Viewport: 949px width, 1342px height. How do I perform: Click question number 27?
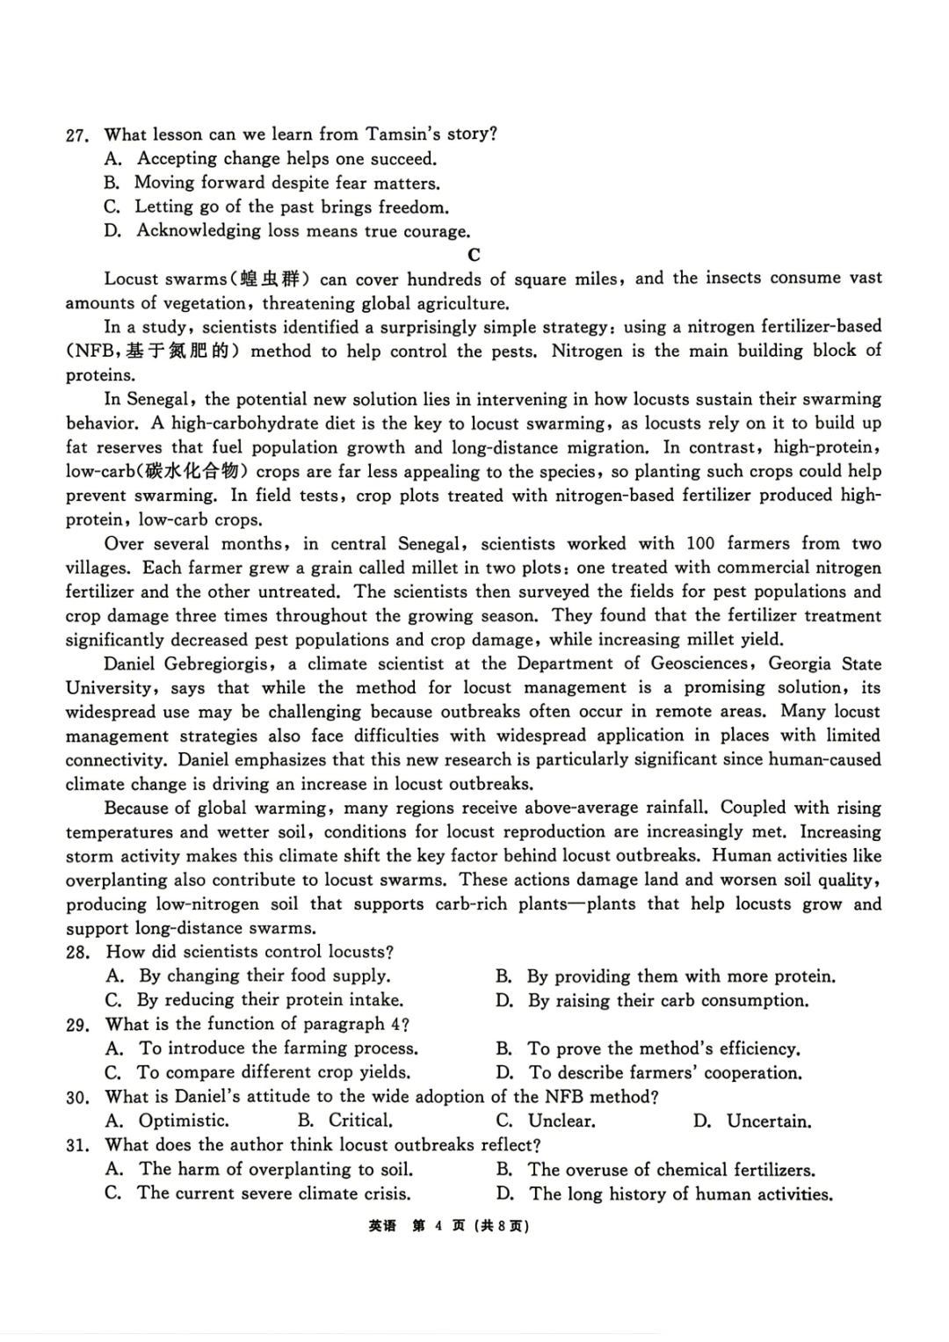76,135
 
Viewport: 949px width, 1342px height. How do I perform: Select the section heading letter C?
474,255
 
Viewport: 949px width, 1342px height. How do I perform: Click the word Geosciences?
699,664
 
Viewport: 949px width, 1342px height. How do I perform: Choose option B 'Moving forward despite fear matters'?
286,183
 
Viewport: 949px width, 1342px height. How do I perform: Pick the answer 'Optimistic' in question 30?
184,1121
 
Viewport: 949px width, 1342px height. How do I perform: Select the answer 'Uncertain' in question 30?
768,1121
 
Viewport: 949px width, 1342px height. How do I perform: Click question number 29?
77,1025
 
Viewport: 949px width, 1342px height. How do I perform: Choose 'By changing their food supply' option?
264,976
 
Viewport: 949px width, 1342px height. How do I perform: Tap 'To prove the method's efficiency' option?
663,1048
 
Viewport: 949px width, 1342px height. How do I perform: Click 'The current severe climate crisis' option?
273,1193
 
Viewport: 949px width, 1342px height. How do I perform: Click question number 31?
77,1145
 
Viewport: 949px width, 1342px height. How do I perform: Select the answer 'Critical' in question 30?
359,1121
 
